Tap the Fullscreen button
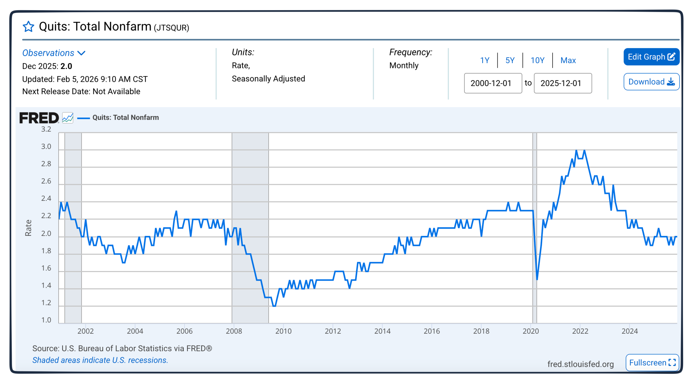tap(652, 362)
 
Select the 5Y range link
tap(510, 60)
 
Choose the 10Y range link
tap(537, 60)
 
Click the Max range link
tap(568, 60)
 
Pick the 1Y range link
tap(484, 60)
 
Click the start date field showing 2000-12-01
tap(493, 83)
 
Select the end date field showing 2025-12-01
tap(563, 83)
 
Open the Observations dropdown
tap(54, 53)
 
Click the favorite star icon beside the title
tap(28, 27)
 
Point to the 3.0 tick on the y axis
tap(46, 147)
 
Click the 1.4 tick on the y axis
tap(46, 285)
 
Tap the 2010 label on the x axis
tap(283, 331)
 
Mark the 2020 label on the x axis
tap(531, 331)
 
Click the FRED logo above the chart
tap(39, 118)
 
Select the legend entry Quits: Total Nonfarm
tap(125, 117)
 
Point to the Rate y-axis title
tap(28, 228)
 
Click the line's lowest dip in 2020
tap(537, 279)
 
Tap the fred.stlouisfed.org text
tap(580, 364)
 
